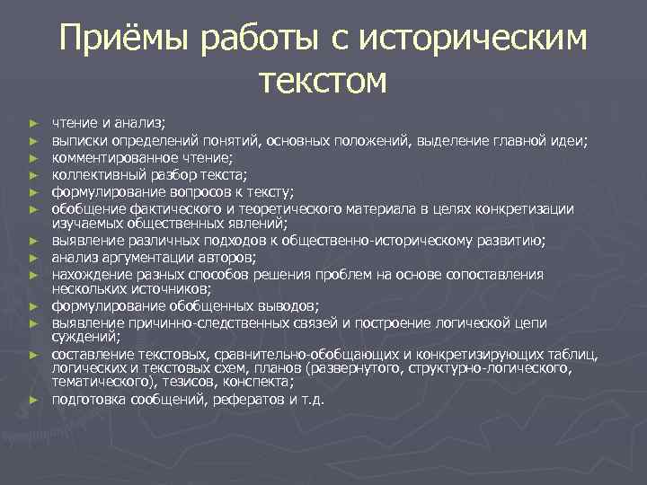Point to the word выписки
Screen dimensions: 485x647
pos(77,140)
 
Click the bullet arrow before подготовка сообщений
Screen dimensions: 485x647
pos(32,400)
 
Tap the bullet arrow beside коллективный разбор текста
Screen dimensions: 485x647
pos(32,175)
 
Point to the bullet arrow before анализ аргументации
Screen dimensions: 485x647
pos(32,258)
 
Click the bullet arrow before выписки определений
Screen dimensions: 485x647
pos(32,141)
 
